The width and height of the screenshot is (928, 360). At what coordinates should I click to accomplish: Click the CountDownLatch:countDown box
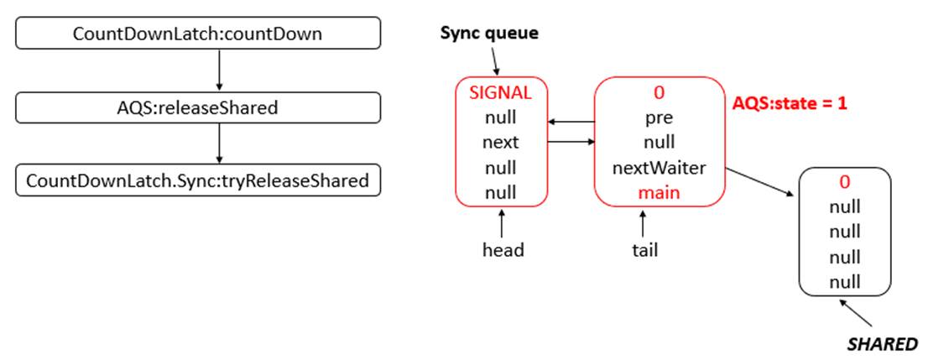coord(198,34)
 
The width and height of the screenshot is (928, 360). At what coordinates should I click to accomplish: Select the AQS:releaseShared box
coord(198,107)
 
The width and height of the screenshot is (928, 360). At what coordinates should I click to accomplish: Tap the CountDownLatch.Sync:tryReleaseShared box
coord(198,180)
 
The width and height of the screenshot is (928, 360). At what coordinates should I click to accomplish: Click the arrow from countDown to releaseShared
coord(220,70)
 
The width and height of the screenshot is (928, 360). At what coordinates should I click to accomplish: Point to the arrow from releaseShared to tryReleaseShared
coord(220,143)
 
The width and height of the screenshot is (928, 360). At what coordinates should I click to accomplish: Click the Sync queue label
coord(489,34)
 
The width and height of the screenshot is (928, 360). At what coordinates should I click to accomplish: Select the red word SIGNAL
coord(500,92)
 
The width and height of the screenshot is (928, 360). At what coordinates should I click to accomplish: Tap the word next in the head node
coord(500,143)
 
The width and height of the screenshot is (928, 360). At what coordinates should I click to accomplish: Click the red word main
coord(660,192)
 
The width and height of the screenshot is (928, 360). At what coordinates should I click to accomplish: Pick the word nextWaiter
coord(660,168)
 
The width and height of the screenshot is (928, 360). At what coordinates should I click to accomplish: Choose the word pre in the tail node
coord(660,117)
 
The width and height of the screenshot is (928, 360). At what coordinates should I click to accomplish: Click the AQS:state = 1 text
coord(790,103)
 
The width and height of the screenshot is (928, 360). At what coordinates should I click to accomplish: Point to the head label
coord(503,250)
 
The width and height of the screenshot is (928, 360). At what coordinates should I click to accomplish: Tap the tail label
coord(644,250)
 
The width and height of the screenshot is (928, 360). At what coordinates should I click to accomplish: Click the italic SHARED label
coord(882,343)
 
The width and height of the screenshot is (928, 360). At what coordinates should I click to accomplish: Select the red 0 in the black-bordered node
coord(845,182)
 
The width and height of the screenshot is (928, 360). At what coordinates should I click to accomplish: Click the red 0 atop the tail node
coord(660,92)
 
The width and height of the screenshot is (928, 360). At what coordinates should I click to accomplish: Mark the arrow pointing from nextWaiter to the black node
coord(759,182)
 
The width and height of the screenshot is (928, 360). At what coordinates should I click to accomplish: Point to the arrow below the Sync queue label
coord(494,60)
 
